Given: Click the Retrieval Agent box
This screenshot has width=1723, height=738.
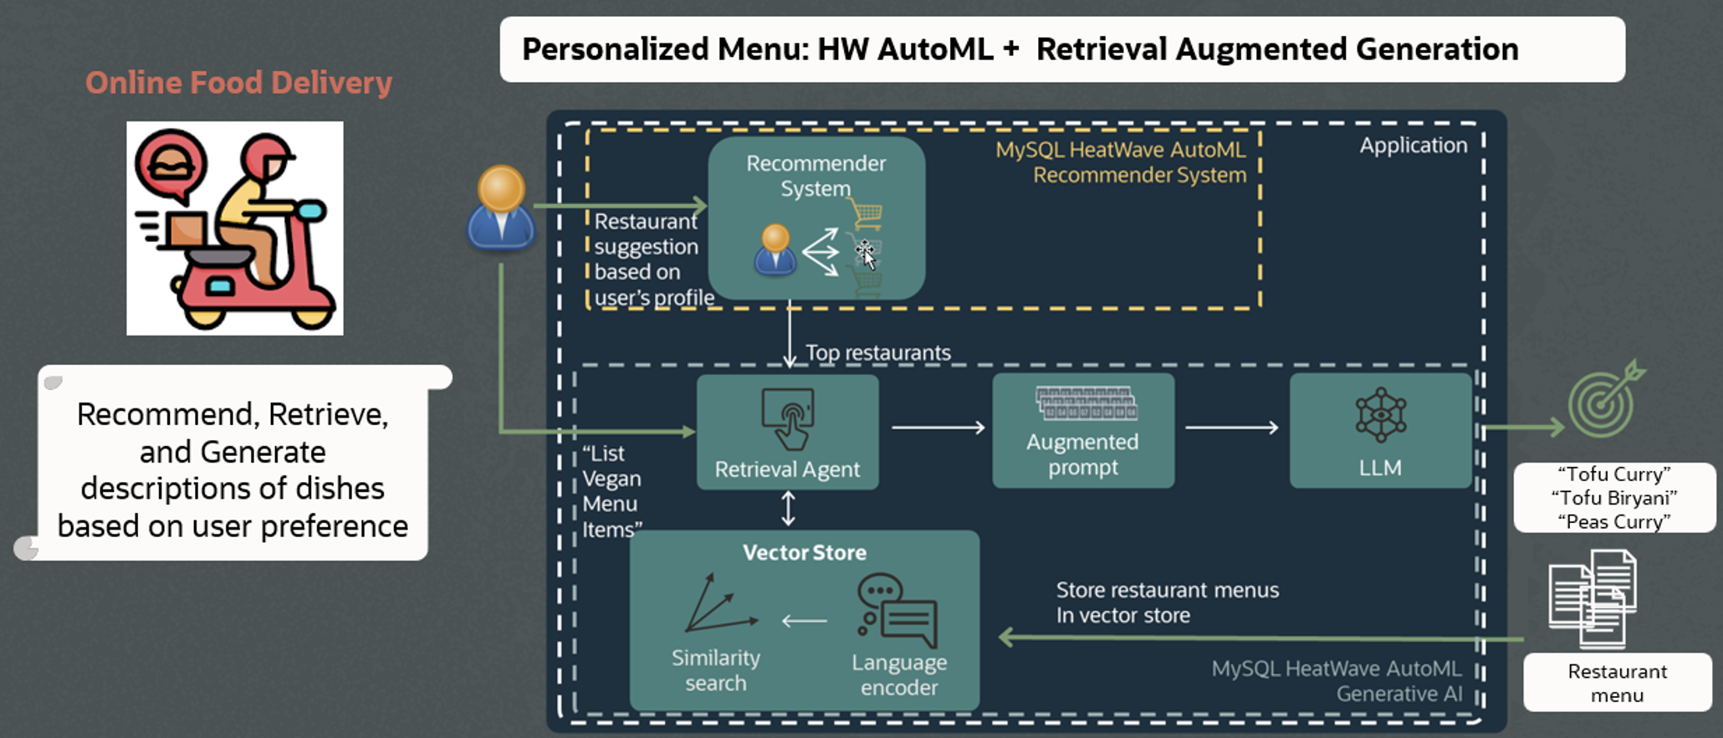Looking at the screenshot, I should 787,432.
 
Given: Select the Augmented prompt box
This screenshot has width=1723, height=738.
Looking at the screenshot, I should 1083,432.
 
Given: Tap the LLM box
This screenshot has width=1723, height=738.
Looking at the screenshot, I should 1380,432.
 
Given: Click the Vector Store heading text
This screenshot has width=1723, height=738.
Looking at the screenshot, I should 804,553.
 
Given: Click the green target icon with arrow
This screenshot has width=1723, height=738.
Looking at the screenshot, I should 1604,402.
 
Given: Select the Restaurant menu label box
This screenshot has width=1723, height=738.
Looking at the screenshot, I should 1617,683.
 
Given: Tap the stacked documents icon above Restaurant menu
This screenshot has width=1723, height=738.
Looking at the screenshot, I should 1593,599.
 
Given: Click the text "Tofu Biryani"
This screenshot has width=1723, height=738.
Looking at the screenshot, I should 1613,498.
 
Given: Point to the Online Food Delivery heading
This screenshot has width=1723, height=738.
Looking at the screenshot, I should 238,83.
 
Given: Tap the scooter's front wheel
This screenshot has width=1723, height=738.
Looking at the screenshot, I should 313,315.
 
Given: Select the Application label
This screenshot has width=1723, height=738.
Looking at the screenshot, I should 1413,146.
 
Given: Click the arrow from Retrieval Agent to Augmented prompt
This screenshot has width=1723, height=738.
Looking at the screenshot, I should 938,428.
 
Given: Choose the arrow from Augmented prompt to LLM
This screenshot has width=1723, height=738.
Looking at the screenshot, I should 1231,428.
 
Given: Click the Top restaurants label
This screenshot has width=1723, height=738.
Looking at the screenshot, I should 877,353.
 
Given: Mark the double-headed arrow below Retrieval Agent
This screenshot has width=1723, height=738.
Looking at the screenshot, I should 788,509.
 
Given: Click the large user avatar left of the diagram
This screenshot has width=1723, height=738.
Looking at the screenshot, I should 501,209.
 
